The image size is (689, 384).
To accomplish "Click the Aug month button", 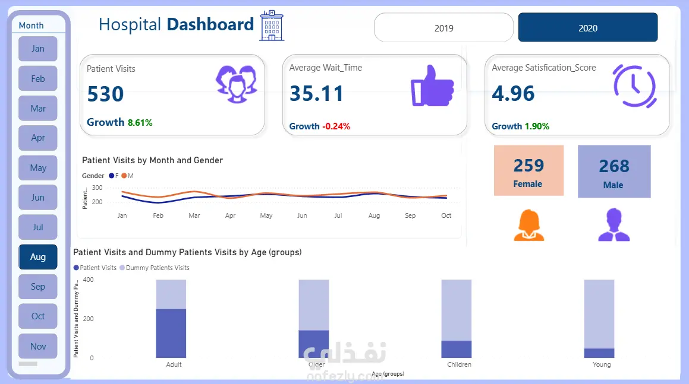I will [38, 257].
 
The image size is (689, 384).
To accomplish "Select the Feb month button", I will [38, 78].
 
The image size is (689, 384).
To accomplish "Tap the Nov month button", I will [38, 346].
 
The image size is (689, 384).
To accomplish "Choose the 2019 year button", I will [443, 28].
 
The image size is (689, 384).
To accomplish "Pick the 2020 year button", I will [587, 28].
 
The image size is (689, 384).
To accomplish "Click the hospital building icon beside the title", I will [272, 26].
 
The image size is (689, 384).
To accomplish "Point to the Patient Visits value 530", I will [106, 94].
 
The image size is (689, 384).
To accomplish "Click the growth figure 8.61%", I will [140, 123].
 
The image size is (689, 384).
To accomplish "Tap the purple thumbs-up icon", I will [432, 86].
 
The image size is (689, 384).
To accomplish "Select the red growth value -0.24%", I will [336, 126].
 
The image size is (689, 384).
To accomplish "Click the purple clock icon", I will [634, 86].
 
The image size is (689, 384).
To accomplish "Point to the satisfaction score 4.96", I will [514, 94].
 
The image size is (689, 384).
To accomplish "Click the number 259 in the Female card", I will [528, 165].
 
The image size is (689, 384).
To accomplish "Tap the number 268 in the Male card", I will [614, 166].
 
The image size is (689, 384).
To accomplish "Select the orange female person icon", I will [528, 226].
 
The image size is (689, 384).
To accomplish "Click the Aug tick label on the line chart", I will [374, 216].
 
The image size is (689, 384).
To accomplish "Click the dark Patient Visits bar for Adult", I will [171, 333].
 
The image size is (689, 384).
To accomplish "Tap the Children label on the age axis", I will [459, 364].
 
